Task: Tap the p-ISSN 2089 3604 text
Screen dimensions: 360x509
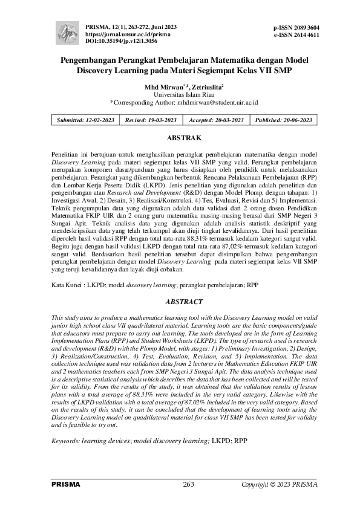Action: (296, 28)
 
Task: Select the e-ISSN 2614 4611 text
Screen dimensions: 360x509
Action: (296, 36)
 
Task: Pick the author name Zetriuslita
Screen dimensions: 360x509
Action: (206, 87)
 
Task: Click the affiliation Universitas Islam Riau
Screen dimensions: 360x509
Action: (180, 95)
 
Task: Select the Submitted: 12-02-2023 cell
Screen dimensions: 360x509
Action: (85, 120)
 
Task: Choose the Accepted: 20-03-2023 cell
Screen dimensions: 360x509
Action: (216, 120)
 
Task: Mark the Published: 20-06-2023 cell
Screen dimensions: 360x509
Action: (283, 120)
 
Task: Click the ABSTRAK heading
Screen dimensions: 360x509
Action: (180, 138)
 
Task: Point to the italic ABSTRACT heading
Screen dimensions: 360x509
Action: (180, 300)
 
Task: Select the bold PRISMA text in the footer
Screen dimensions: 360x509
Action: (65, 485)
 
